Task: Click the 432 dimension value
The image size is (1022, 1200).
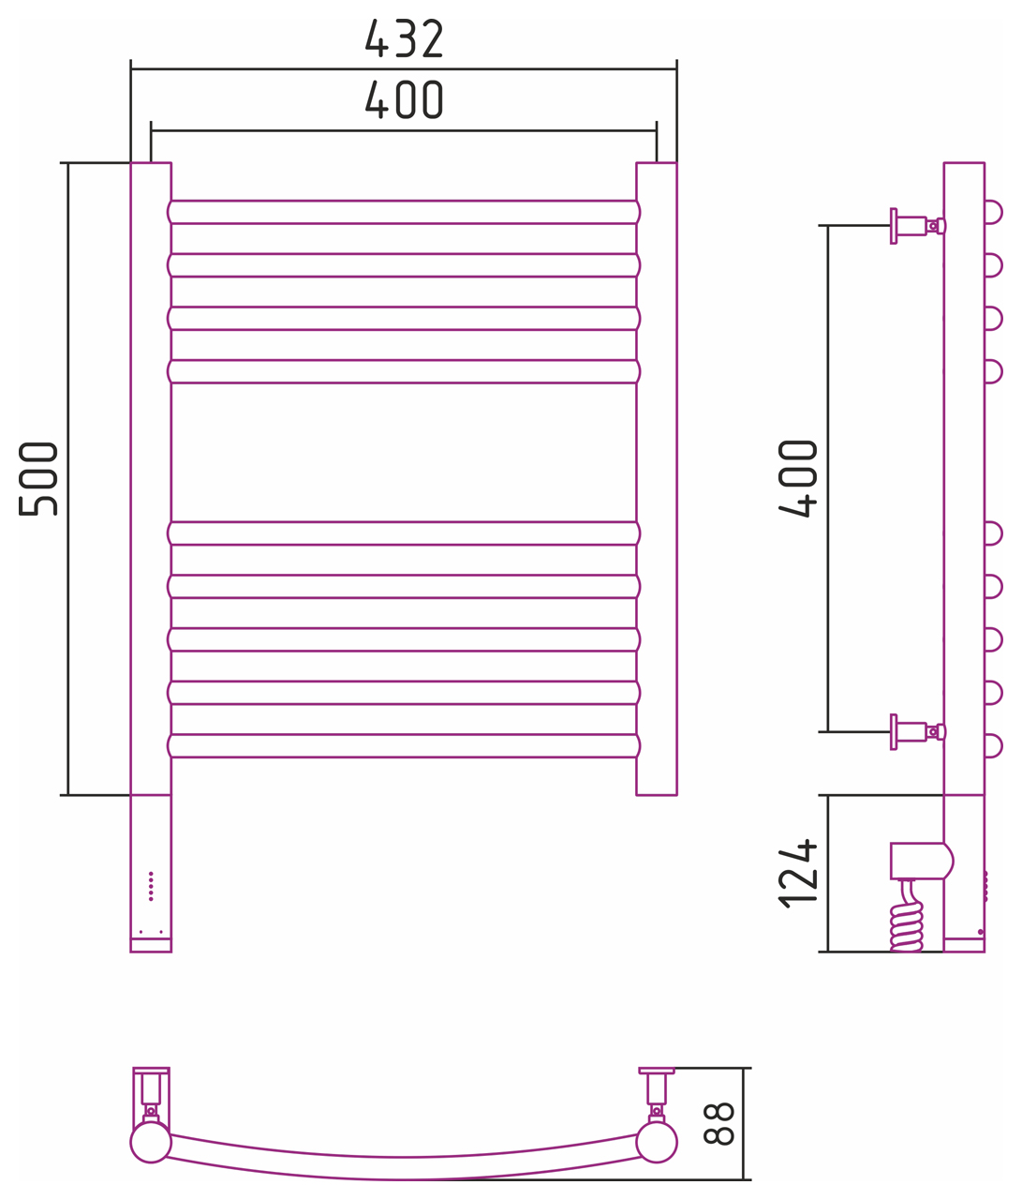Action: coord(404,38)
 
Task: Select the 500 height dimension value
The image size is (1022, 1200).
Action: coord(38,479)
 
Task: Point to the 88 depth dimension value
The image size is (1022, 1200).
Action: coord(718,1123)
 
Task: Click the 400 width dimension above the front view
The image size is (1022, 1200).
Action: coord(404,100)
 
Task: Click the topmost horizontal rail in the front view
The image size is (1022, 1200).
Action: coord(404,213)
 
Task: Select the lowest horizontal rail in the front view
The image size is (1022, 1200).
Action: coord(404,746)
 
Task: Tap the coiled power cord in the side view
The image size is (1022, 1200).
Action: coord(907,920)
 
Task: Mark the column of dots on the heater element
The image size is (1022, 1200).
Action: coord(151,887)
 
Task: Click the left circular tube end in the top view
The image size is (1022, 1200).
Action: coord(151,1143)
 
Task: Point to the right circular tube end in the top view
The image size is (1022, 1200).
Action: coord(657,1143)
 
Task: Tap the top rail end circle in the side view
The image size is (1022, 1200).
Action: coord(993,213)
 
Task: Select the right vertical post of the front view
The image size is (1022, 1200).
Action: coord(657,479)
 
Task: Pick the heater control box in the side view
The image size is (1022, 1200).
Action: coord(922,861)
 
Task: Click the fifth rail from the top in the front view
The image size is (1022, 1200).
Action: coord(404,533)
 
